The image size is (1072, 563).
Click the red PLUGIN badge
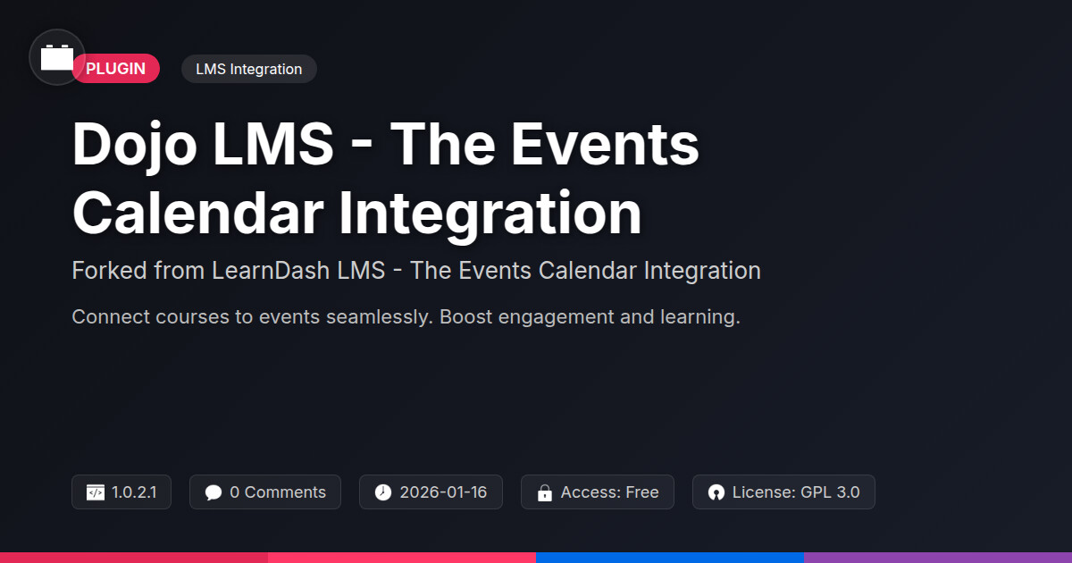click(116, 69)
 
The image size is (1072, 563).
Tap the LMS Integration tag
click(249, 69)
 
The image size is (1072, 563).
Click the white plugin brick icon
click(57, 57)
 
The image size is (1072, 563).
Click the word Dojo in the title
click(135, 144)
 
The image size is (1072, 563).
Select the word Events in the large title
click(605, 144)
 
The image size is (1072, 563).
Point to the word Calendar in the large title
click(198, 213)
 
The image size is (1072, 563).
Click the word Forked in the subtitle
click(109, 271)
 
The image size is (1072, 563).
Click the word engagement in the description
click(556, 317)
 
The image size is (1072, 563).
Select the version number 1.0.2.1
click(134, 492)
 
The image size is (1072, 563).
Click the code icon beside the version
click(96, 492)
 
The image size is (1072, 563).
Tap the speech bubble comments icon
click(213, 492)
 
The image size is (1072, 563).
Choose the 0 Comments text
click(278, 492)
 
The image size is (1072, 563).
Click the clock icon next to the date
click(383, 492)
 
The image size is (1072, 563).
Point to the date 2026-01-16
click(443, 492)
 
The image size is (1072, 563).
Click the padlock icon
click(545, 492)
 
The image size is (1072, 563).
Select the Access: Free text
click(609, 492)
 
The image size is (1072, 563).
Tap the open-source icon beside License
click(716, 492)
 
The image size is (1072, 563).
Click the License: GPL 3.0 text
click(796, 492)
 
